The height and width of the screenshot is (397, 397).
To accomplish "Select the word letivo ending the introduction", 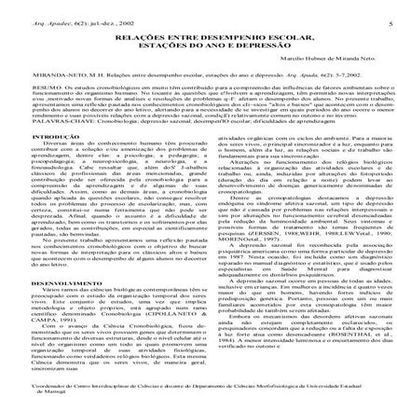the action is [176, 228].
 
